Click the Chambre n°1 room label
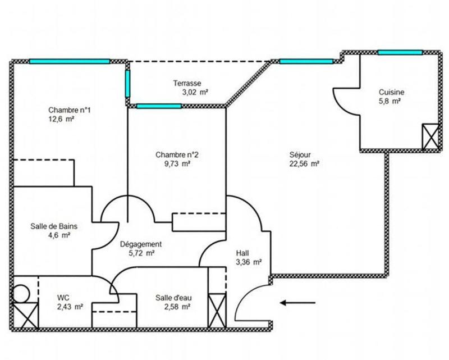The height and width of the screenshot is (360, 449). click(70, 110)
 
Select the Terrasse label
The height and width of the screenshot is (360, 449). click(187, 83)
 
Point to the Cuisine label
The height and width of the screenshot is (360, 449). click(391, 93)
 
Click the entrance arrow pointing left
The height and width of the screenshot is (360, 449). click(291, 303)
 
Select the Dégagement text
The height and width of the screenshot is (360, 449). click(141, 244)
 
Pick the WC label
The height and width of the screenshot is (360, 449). click(63, 298)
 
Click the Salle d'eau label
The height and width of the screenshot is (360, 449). click(172, 298)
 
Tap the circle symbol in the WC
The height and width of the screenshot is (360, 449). click(20, 294)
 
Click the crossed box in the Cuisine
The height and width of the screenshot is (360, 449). click(429, 136)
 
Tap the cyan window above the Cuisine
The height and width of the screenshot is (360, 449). click(400, 52)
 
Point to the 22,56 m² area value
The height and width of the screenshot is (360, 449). click(304, 164)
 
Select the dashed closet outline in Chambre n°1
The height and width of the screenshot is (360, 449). click(44, 172)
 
